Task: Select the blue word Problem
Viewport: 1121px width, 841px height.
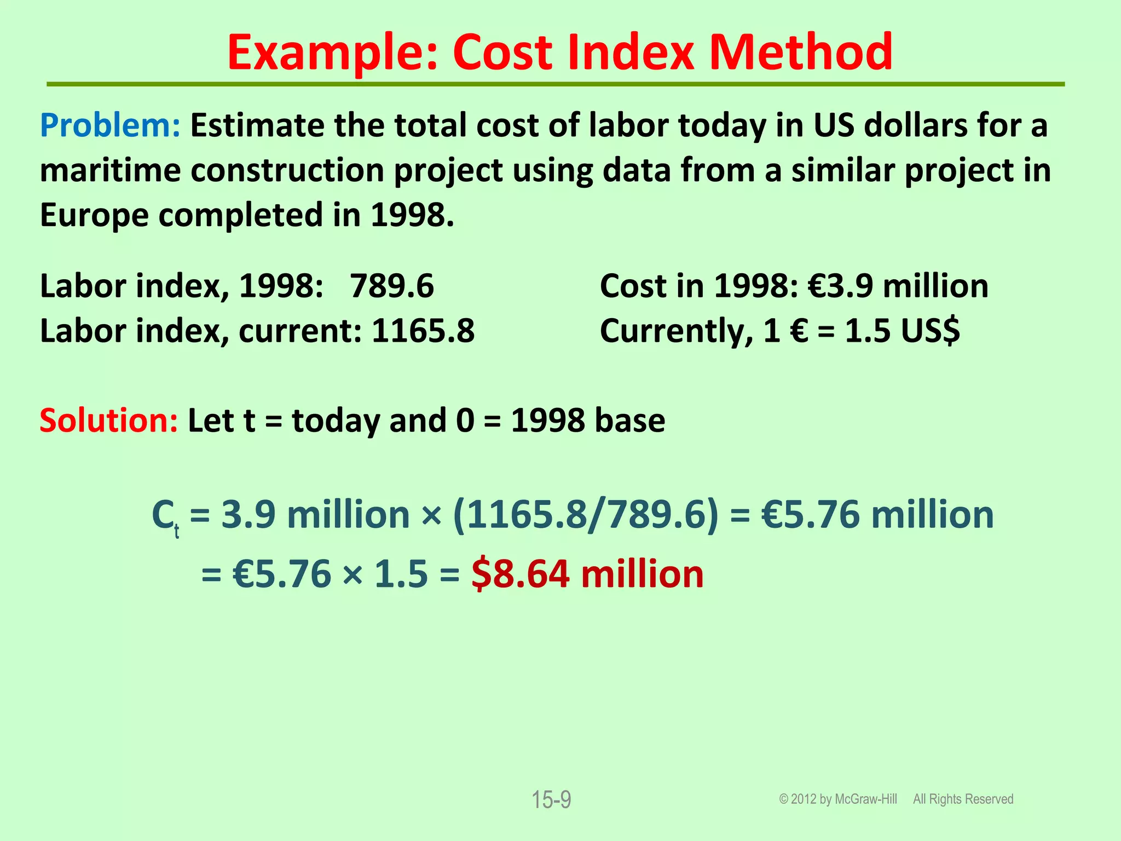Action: [109, 125]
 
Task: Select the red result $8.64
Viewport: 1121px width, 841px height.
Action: [520, 574]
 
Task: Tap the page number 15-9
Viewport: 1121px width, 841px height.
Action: [551, 800]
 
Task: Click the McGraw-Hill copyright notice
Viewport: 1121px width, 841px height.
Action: [838, 799]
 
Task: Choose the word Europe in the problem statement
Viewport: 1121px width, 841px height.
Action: [94, 215]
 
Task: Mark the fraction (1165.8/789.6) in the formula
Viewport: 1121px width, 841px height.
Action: [586, 515]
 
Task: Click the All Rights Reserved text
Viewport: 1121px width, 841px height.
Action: [963, 799]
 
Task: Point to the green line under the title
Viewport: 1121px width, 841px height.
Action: [555, 84]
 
